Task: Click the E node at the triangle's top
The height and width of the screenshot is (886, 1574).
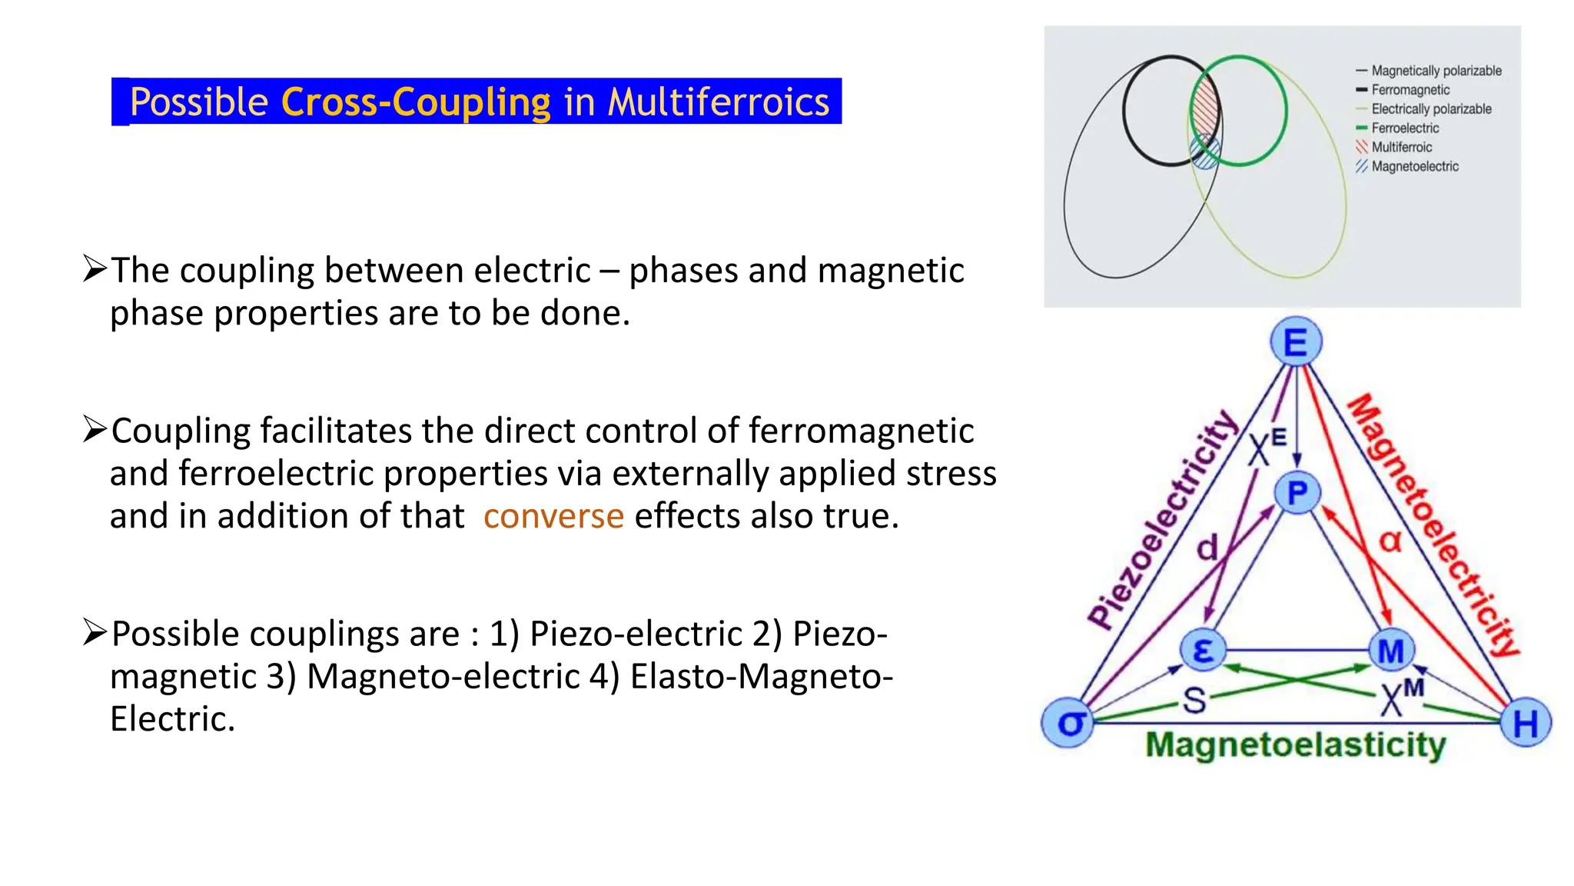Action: (1296, 342)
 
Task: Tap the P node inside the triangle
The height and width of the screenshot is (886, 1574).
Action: (1297, 492)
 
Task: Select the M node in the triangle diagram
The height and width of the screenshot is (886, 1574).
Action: (1391, 651)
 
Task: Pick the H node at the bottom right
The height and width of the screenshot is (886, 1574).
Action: (1526, 723)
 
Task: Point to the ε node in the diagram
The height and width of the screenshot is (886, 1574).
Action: (1203, 650)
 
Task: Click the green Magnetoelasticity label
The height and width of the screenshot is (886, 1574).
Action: (1295, 744)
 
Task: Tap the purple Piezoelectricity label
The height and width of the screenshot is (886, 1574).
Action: (1162, 520)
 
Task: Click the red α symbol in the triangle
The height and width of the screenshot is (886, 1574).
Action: (1390, 541)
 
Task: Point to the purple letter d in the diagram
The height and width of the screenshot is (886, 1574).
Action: (1207, 548)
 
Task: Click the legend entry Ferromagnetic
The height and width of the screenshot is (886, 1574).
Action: (1410, 90)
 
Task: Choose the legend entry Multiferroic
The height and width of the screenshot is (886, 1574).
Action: (1402, 147)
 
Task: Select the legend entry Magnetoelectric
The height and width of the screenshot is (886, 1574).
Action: (1414, 166)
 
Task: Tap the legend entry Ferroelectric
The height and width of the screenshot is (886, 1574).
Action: (1405, 128)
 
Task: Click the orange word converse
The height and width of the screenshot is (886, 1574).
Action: (553, 516)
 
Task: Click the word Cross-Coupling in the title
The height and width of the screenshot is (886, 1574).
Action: (417, 102)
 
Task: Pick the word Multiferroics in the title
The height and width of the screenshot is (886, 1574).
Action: (719, 102)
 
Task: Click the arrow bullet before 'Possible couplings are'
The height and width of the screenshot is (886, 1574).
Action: (95, 632)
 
